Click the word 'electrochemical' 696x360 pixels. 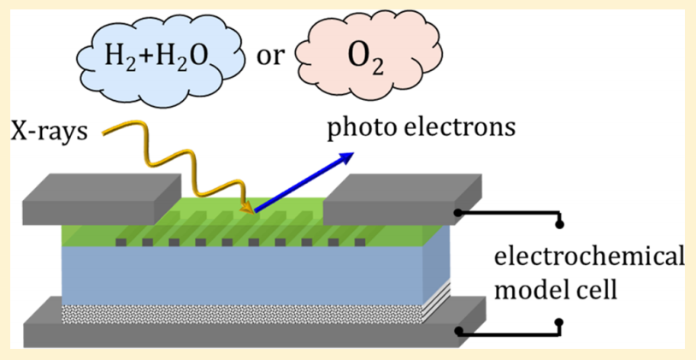pos(590,257)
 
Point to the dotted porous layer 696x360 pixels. pos(239,312)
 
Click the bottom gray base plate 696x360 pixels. pos(239,333)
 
